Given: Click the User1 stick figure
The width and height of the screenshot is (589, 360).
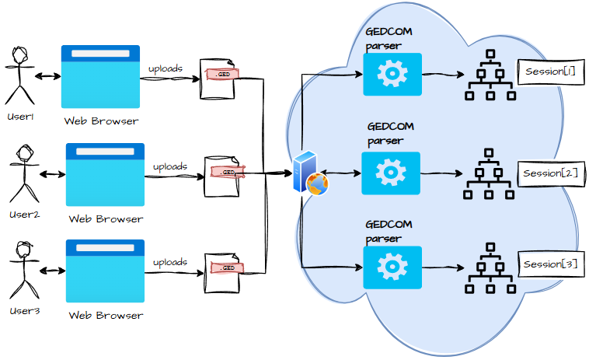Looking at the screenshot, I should point(20,76).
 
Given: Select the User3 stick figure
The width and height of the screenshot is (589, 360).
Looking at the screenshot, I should point(23,270).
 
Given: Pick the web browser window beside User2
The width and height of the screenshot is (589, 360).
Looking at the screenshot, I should point(106,174).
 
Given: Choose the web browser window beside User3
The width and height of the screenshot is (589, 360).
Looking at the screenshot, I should point(106,271).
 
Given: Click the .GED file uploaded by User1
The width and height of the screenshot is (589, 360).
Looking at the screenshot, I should point(218,78).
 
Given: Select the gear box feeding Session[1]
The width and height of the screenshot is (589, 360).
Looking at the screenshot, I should point(392,75).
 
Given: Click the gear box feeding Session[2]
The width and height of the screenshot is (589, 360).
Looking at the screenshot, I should point(391,173).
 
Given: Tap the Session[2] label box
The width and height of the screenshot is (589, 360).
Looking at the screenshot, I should point(550,173).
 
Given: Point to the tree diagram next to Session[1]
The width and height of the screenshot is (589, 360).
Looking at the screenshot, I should point(490,76).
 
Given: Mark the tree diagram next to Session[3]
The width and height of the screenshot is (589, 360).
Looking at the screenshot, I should point(490,268).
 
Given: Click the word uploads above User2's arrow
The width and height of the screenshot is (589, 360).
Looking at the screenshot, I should point(169,166).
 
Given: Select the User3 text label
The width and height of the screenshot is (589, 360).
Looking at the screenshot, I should point(23,311).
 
